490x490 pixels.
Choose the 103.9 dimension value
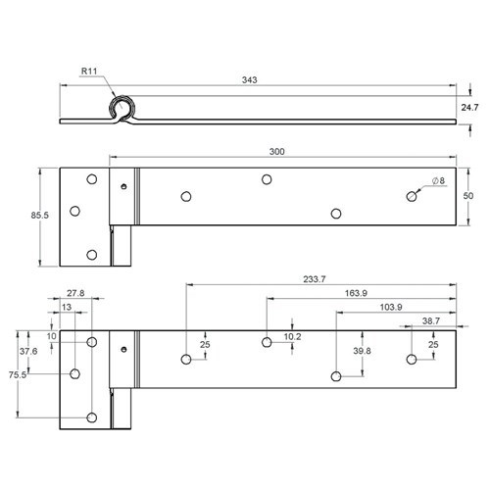391,307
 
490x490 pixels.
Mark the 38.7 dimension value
430,321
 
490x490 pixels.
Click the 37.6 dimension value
27,352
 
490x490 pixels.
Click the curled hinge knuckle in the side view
123,109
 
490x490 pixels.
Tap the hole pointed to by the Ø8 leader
412,197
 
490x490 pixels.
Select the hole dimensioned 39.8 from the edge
336,375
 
